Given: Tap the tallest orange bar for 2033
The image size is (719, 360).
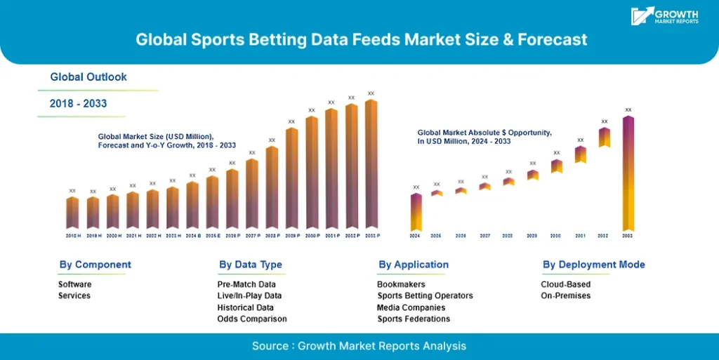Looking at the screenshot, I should (x=371, y=166).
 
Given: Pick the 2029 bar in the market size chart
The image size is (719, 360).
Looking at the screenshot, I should (x=291, y=178).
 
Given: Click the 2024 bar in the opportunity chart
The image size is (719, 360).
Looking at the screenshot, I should (x=416, y=211).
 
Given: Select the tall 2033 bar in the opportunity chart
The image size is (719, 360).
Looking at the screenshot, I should (x=628, y=173).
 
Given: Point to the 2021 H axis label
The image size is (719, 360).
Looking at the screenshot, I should (x=132, y=236).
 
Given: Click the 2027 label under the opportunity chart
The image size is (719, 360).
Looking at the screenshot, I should (x=484, y=236).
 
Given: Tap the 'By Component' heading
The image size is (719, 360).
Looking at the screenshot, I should (x=95, y=265).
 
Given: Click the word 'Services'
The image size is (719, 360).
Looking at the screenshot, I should (x=74, y=295).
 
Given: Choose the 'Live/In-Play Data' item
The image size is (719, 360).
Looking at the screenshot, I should (x=249, y=295).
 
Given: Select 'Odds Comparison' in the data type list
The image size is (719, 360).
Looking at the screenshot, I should (x=252, y=319).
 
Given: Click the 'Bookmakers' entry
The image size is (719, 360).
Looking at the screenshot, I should (x=401, y=284).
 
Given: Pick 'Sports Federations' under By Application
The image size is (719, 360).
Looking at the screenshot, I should (x=414, y=319).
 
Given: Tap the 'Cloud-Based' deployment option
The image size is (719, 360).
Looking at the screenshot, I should (x=565, y=284).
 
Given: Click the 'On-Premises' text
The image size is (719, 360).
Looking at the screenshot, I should (x=565, y=295).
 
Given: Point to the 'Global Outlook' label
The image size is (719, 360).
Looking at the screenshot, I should (x=88, y=76).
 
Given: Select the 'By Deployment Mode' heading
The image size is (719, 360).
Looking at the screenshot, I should (x=593, y=265).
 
